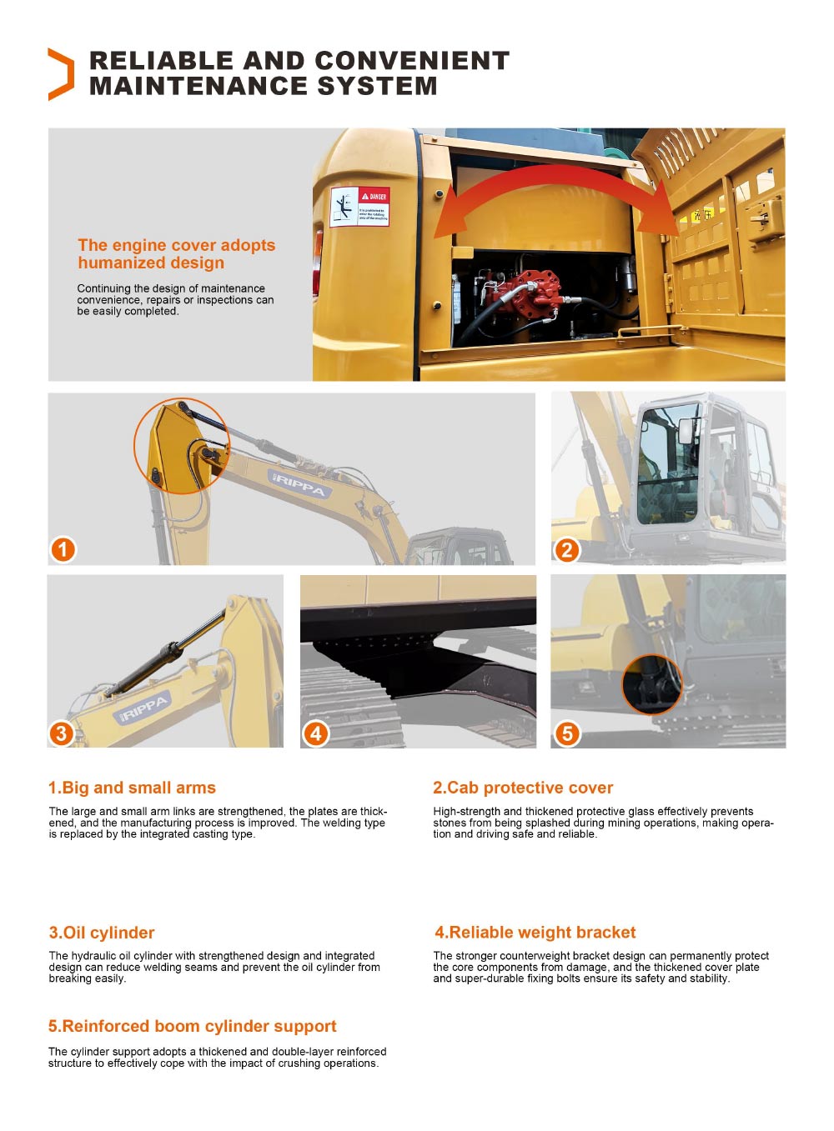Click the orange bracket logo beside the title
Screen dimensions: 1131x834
tap(61, 74)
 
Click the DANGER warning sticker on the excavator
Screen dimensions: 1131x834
tap(359, 207)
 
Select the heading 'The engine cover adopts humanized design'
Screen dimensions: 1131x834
tap(176, 254)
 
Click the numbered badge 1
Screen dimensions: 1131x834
tap(63, 549)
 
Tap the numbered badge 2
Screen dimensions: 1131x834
tap(566, 549)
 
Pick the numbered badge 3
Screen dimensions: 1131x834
tap(61, 733)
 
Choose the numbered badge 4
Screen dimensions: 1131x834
tap(315, 733)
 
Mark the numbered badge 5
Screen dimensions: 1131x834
tap(567, 733)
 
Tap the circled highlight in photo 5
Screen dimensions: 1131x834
tap(651, 684)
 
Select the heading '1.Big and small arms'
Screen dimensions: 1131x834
tap(132, 788)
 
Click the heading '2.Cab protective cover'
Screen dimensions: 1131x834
tap(523, 788)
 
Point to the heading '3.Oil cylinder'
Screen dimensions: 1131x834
tap(102, 933)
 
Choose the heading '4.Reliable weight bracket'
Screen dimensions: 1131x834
tap(535, 933)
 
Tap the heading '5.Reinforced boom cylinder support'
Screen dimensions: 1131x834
tap(193, 1026)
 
